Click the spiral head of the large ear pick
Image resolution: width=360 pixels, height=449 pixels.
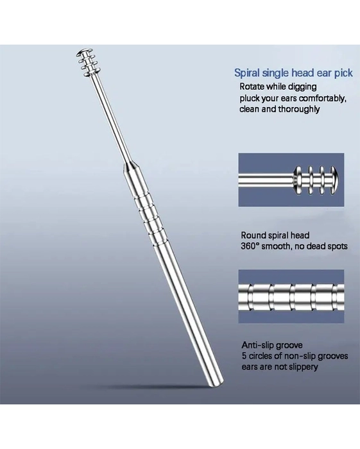pos(86,63)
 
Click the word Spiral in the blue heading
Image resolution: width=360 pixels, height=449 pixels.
pos(247,73)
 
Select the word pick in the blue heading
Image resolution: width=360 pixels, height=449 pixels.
pos(343,73)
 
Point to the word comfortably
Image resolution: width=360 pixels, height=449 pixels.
pos(322,98)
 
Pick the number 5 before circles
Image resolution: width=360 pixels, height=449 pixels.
pos(244,356)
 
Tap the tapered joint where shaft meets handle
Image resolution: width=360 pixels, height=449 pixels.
pos(131,167)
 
